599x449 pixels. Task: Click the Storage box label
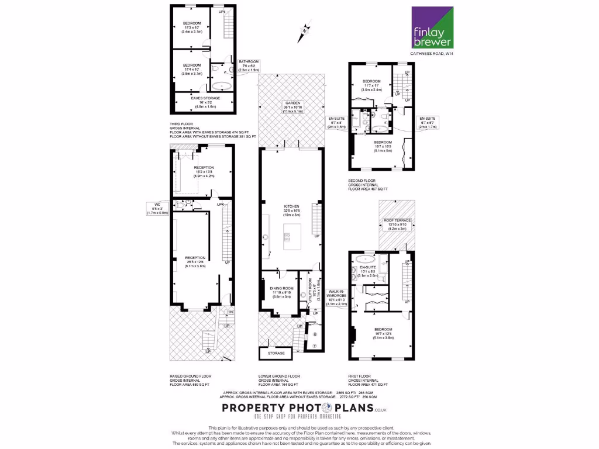[277, 353]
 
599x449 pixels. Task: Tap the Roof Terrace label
[397, 224]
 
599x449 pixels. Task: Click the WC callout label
[157, 209]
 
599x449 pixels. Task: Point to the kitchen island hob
[288, 236]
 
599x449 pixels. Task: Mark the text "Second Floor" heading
[362, 181]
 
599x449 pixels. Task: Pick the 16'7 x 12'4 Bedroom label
[384, 333]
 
